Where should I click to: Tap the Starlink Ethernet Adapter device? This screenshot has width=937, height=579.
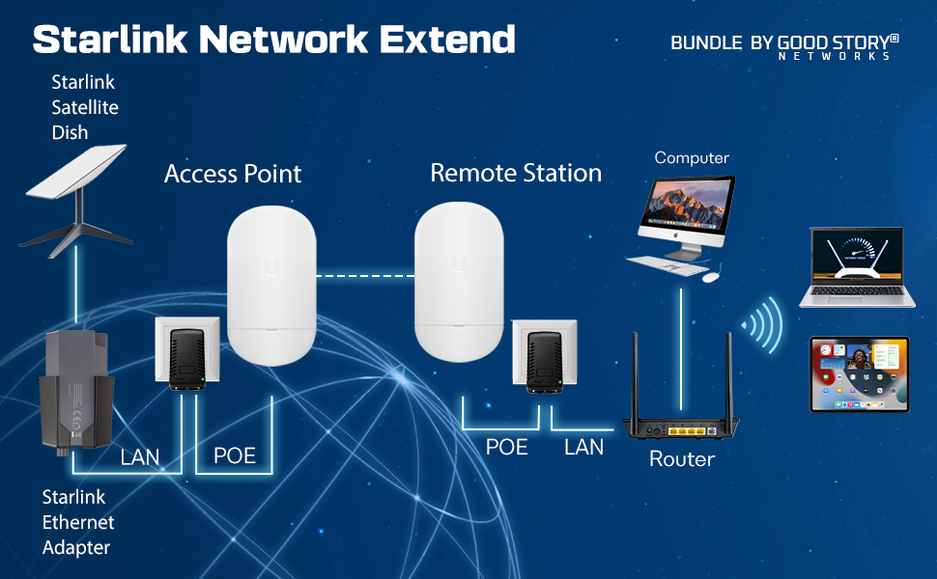click(76, 392)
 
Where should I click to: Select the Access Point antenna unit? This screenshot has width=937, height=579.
click(271, 286)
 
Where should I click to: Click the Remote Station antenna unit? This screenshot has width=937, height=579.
click(459, 283)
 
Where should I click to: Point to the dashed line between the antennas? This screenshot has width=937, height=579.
click(365, 276)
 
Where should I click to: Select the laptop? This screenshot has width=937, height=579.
click(857, 267)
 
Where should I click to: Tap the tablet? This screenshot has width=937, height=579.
click(860, 374)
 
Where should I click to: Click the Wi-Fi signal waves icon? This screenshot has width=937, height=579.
click(762, 325)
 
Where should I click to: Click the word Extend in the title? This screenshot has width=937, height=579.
click(447, 40)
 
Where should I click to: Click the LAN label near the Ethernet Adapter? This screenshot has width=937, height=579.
click(140, 457)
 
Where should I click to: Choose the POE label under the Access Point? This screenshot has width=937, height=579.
click(235, 456)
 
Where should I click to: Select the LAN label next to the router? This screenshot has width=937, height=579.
click(583, 447)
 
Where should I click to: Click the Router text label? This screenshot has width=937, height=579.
click(682, 459)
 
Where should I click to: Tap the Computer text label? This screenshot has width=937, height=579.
click(692, 157)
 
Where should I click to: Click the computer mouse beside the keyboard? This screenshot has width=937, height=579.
click(711, 277)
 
